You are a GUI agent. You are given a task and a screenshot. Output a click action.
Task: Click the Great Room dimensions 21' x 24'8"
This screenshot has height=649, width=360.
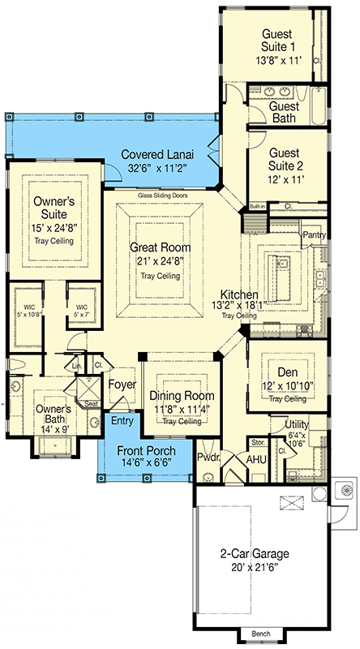tap(159, 260)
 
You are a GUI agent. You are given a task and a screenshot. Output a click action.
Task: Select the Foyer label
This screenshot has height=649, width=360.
tap(122, 385)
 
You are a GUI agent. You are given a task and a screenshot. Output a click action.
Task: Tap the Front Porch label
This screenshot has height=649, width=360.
tap(143, 453)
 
